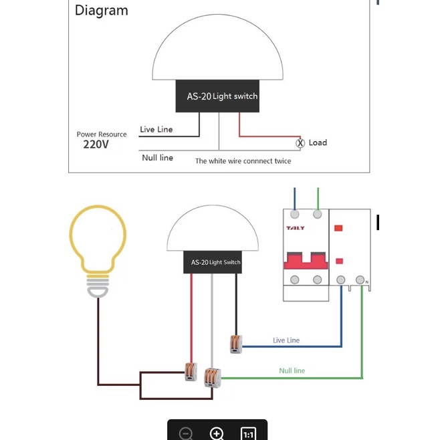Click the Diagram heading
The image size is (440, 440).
(x=101, y=11)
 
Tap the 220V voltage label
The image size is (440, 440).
(x=96, y=144)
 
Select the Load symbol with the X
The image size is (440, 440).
(x=300, y=143)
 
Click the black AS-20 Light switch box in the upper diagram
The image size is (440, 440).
(x=217, y=96)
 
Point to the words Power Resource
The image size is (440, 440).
(x=102, y=134)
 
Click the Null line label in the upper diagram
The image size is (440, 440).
(x=157, y=157)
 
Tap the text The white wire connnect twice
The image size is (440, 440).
(x=243, y=160)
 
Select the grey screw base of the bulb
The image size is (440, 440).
(x=98, y=286)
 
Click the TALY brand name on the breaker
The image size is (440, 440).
(x=295, y=228)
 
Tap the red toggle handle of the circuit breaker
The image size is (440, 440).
(x=306, y=261)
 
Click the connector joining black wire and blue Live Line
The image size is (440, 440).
(x=236, y=344)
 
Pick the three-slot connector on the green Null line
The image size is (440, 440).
(x=213, y=377)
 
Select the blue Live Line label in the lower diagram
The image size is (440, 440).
(x=286, y=340)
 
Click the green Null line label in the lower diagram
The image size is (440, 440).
(x=292, y=370)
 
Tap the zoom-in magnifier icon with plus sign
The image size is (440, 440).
(x=217, y=433)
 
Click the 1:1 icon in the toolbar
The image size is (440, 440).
(x=248, y=434)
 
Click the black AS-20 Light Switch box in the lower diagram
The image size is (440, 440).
(x=213, y=262)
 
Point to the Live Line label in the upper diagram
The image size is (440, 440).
(x=156, y=129)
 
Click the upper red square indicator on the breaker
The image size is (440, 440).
(x=338, y=228)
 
